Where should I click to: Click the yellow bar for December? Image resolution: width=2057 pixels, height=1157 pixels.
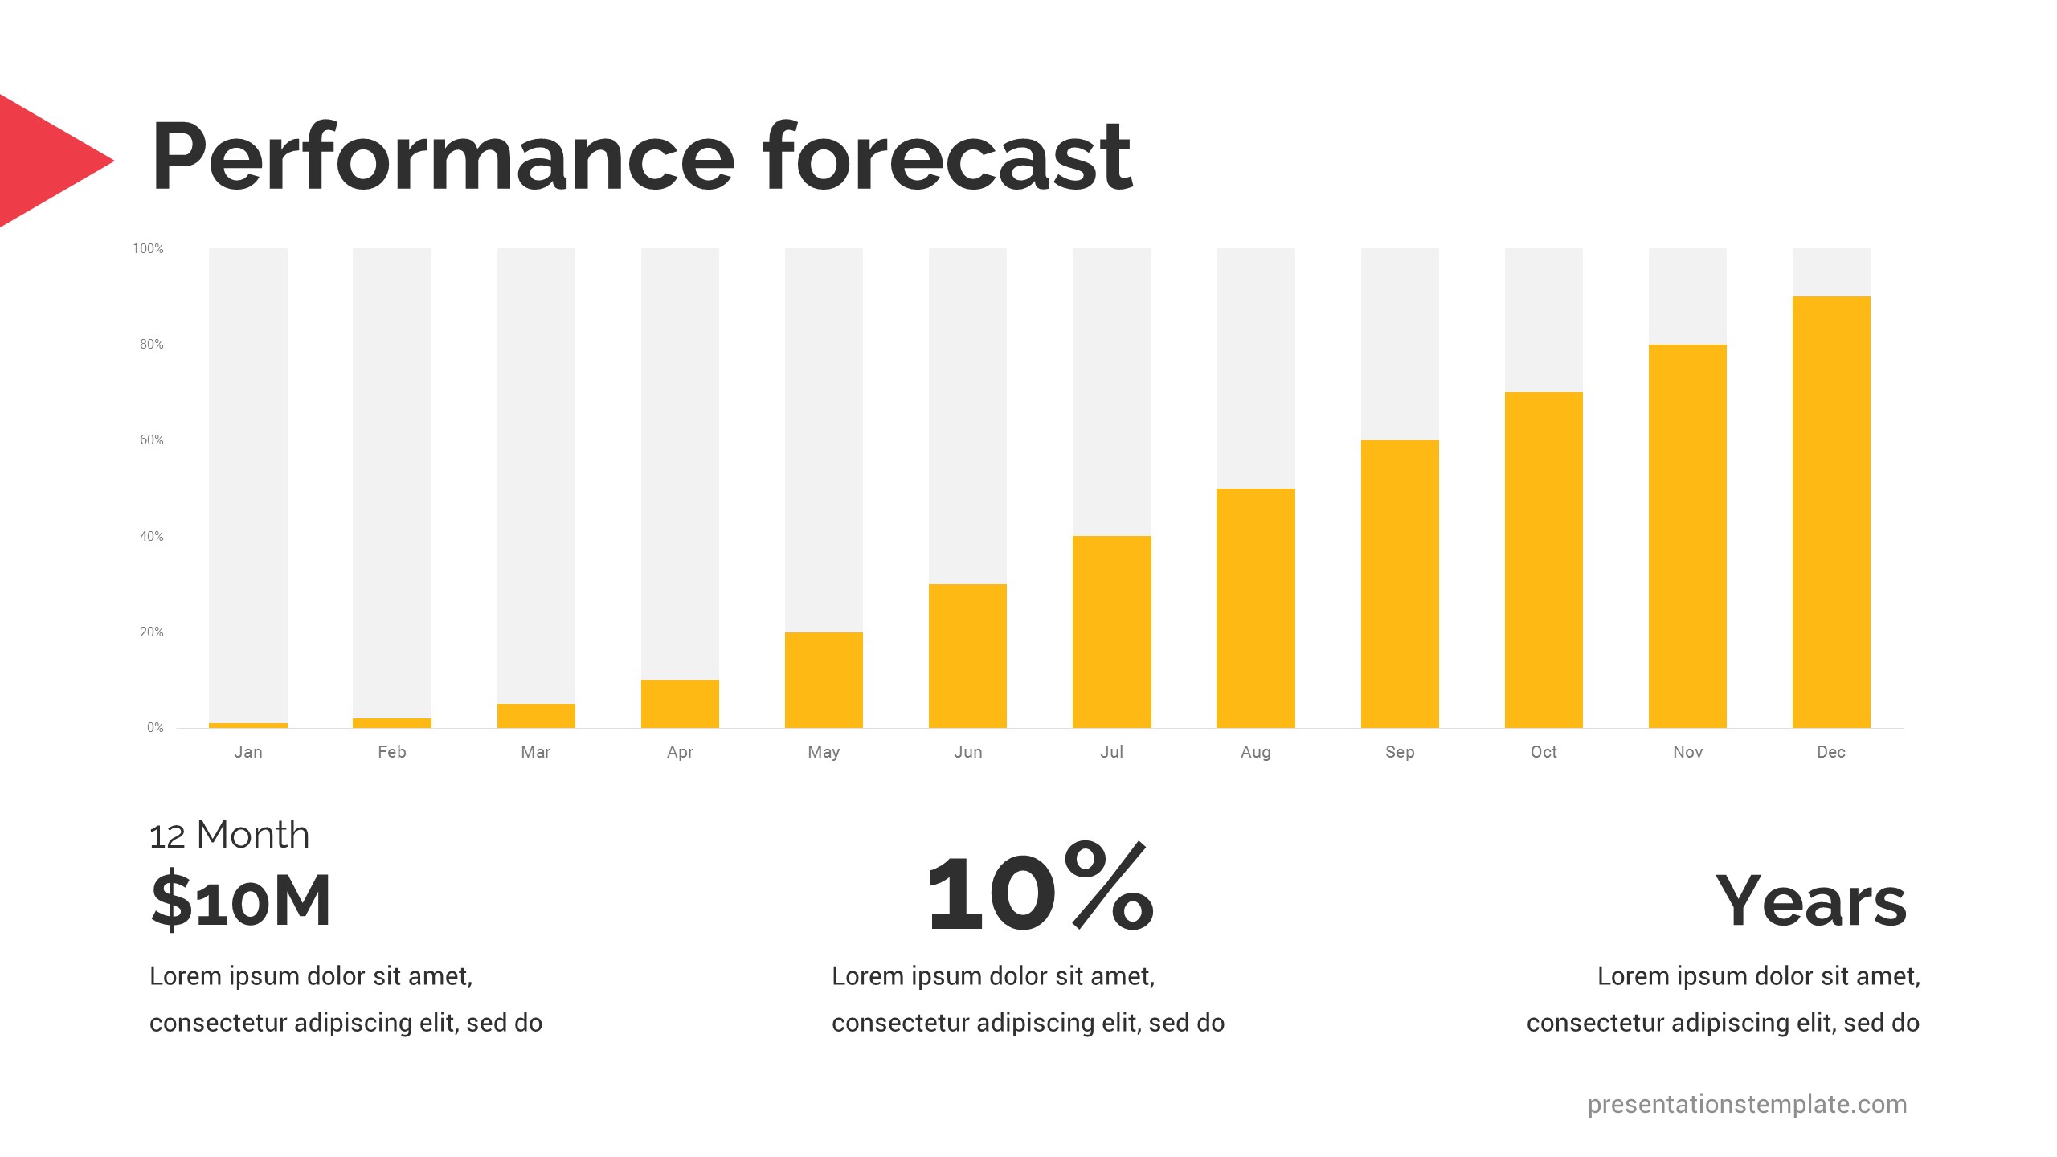1831,512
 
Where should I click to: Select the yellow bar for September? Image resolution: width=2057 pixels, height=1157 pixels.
1400,584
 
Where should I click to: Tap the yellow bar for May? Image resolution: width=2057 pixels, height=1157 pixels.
824,680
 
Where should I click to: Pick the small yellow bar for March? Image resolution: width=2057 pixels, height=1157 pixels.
536,716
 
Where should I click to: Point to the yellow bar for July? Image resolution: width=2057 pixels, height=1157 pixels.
1112,632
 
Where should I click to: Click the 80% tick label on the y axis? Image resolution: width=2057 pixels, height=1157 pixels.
152,345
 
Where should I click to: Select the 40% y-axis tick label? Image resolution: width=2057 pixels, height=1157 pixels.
152,536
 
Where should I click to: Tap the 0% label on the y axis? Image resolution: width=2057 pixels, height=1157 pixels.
155,728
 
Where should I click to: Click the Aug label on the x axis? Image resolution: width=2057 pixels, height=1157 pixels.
1256,753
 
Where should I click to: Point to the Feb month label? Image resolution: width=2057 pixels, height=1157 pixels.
392,752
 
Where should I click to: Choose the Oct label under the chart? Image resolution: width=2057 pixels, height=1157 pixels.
1544,752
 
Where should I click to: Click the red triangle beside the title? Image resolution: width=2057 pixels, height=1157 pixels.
48,161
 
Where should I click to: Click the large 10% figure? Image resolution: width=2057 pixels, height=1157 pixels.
1041,887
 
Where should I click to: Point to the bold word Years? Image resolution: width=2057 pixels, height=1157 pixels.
1811,901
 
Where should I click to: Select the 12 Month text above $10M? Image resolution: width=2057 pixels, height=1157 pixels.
230,836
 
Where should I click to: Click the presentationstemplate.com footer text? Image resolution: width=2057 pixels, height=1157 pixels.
1747,1105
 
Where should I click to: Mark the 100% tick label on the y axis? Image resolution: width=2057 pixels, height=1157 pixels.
148,249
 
